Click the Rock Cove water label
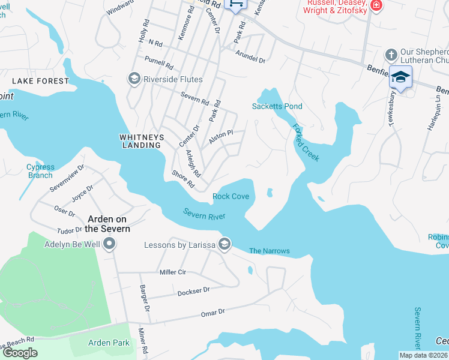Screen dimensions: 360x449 (x=231, y=197)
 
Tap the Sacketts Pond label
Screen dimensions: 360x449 (x=277, y=106)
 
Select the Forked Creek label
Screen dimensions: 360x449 (x=306, y=142)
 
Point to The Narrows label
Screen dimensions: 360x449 (x=270, y=251)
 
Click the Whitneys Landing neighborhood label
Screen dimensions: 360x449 (x=142, y=141)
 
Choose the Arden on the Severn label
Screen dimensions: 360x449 (x=108, y=224)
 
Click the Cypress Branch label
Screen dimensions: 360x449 (x=40, y=171)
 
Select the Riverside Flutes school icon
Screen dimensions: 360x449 (x=133, y=79)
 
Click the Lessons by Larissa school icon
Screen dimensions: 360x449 (x=224, y=244)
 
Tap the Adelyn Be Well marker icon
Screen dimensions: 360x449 (x=109, y=244)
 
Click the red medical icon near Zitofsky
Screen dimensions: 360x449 (x=376, y=5)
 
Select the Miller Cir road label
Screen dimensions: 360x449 (x=173, y=272)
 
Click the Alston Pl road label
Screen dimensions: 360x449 (x=220, y=137)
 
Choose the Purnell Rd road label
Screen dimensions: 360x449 (x=159, y=62)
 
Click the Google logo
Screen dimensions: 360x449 (x=20, y=353)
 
